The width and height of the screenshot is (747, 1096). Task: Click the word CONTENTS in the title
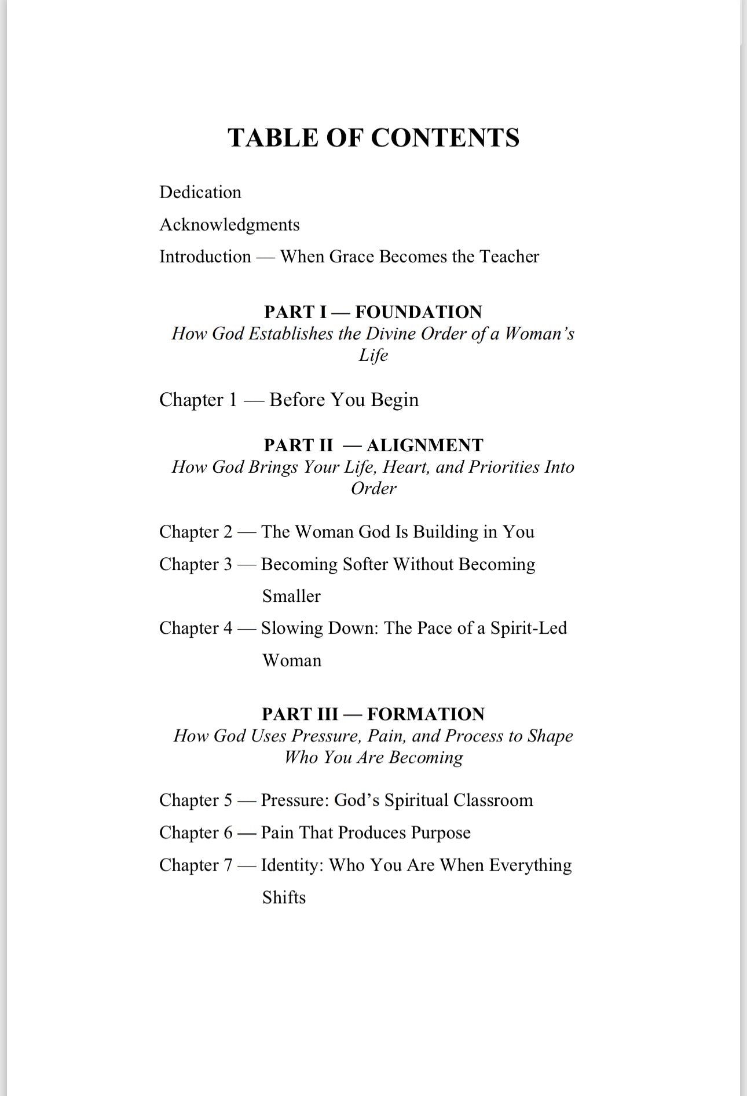click(x=445, y=138)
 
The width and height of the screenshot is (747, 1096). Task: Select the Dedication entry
click(x=200, y=192)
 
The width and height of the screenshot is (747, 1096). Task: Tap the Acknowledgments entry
click(x=229, y=225)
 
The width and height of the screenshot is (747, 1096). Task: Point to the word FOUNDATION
click(x=418, y=312)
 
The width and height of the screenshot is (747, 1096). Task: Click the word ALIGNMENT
click(x=424, y=445)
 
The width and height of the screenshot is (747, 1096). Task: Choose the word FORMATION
click(x=426, y=714)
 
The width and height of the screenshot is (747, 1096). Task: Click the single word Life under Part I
click(x=373, y=355)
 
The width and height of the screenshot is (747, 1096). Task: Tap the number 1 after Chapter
click(x=233, y=400)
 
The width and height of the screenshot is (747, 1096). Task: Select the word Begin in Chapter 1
click(x=394, y=400)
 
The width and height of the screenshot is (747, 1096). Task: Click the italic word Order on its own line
click(x=373, y=488)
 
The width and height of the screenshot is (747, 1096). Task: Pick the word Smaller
click(x=291, y=597)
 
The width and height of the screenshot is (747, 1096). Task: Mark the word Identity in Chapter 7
click(x=292, y=865)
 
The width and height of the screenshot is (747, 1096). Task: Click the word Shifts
click(x=284, y=898)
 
